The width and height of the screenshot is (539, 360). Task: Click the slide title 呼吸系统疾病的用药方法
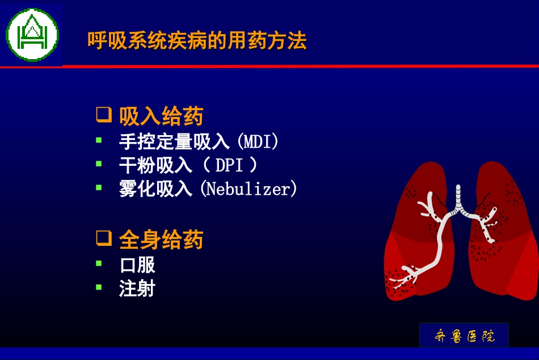click(197, 41)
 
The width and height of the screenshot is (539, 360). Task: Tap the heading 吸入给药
click(161, 116)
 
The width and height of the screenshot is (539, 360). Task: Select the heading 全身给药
click(161, 240)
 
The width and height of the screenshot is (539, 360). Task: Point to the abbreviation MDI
click(258, 141)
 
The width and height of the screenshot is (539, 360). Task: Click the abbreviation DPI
click(229, 165)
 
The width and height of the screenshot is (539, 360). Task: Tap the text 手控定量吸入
click(174, 141)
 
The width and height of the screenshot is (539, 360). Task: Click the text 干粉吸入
click(156, 165)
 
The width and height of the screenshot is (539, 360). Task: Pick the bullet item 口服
click(137, 265)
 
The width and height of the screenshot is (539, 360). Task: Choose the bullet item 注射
click(137, 288)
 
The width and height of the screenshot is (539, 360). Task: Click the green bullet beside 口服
click(99, 263)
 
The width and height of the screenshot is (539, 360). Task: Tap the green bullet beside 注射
click(99, 287)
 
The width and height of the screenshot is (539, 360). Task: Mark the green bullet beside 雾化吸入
click(99, 187)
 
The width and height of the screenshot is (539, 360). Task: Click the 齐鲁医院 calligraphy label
click(464, 336)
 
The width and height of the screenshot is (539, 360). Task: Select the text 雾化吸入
click(156, 189)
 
